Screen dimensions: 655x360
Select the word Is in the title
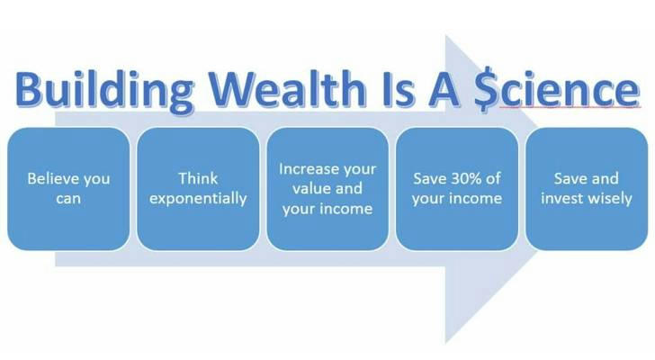(398, 89)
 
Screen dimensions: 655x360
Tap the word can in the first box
(68, 198)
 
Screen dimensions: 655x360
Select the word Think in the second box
(198, 178)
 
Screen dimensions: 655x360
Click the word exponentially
(198, 199)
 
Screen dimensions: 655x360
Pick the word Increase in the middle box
(307, 168)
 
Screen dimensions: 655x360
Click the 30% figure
(465, 179)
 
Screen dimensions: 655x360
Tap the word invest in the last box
(561, 198)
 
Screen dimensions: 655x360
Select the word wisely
(610, 199)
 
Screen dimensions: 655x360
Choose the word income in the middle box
(346, 209)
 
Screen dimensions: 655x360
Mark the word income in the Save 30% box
(476, 198)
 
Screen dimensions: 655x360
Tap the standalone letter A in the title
(444, 89)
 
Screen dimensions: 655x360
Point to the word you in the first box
(96, 180)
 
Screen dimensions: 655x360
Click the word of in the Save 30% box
(493, 178)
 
